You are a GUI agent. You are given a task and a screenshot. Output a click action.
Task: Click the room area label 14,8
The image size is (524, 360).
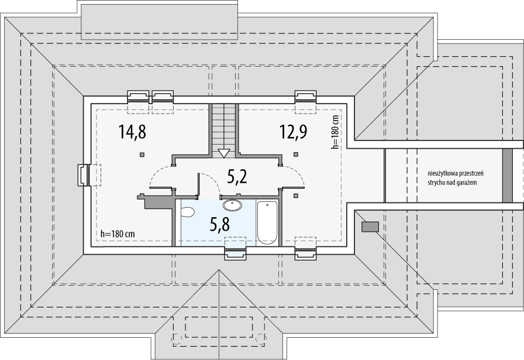click(132, 132)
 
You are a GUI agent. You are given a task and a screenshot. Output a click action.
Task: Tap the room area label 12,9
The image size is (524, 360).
click(293, 132)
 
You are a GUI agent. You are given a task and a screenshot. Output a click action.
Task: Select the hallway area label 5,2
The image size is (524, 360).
click(237, 177)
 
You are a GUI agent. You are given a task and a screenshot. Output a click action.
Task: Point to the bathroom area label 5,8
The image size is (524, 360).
click(219, 225)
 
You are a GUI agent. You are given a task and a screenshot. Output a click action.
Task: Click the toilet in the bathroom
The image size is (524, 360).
click(187, 212)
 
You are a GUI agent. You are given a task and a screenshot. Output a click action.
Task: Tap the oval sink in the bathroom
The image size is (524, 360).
click(232, 205)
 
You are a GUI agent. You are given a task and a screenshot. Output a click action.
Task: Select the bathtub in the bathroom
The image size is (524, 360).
click(267, 222)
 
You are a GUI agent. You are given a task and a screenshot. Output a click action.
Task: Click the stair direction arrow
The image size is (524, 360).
click(223, 153)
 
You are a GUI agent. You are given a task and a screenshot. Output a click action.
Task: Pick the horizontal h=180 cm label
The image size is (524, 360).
click(118, 234)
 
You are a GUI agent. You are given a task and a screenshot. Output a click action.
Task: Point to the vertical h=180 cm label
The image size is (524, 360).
click(335, 132)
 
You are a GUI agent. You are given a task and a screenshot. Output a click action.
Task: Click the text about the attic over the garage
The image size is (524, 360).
click(456, 178)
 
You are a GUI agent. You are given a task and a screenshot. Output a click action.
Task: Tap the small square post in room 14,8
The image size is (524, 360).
click(142, 155)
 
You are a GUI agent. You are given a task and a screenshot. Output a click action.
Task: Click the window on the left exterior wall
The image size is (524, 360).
click(84, 175)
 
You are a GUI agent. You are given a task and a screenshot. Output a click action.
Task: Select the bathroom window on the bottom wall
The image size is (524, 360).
click(235, 253)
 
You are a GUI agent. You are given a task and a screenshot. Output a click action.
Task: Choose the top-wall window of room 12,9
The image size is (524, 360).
click(305, 97)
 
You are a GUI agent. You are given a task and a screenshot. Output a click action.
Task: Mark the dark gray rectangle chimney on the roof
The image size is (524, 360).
click(370, 227)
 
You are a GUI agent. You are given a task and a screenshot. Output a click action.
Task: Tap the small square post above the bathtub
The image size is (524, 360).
click(295, 196)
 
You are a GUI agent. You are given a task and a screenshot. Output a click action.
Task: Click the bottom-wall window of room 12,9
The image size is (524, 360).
click(305, 253)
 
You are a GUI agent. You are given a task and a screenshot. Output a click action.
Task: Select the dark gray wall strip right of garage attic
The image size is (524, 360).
click(507, 175)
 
